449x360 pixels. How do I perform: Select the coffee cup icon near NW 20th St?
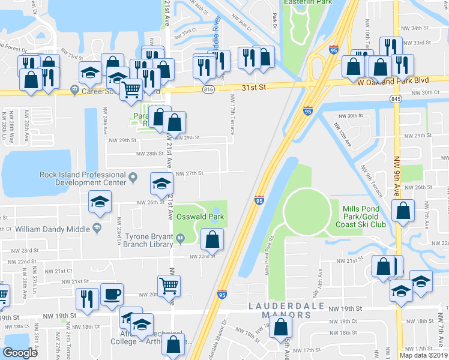(112, 295)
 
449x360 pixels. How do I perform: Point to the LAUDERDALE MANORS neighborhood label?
(290, 307)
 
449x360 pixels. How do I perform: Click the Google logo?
(20, 353)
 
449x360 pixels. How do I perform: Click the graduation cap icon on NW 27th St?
(161, 185)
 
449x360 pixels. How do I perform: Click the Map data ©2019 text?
(424, 355)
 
